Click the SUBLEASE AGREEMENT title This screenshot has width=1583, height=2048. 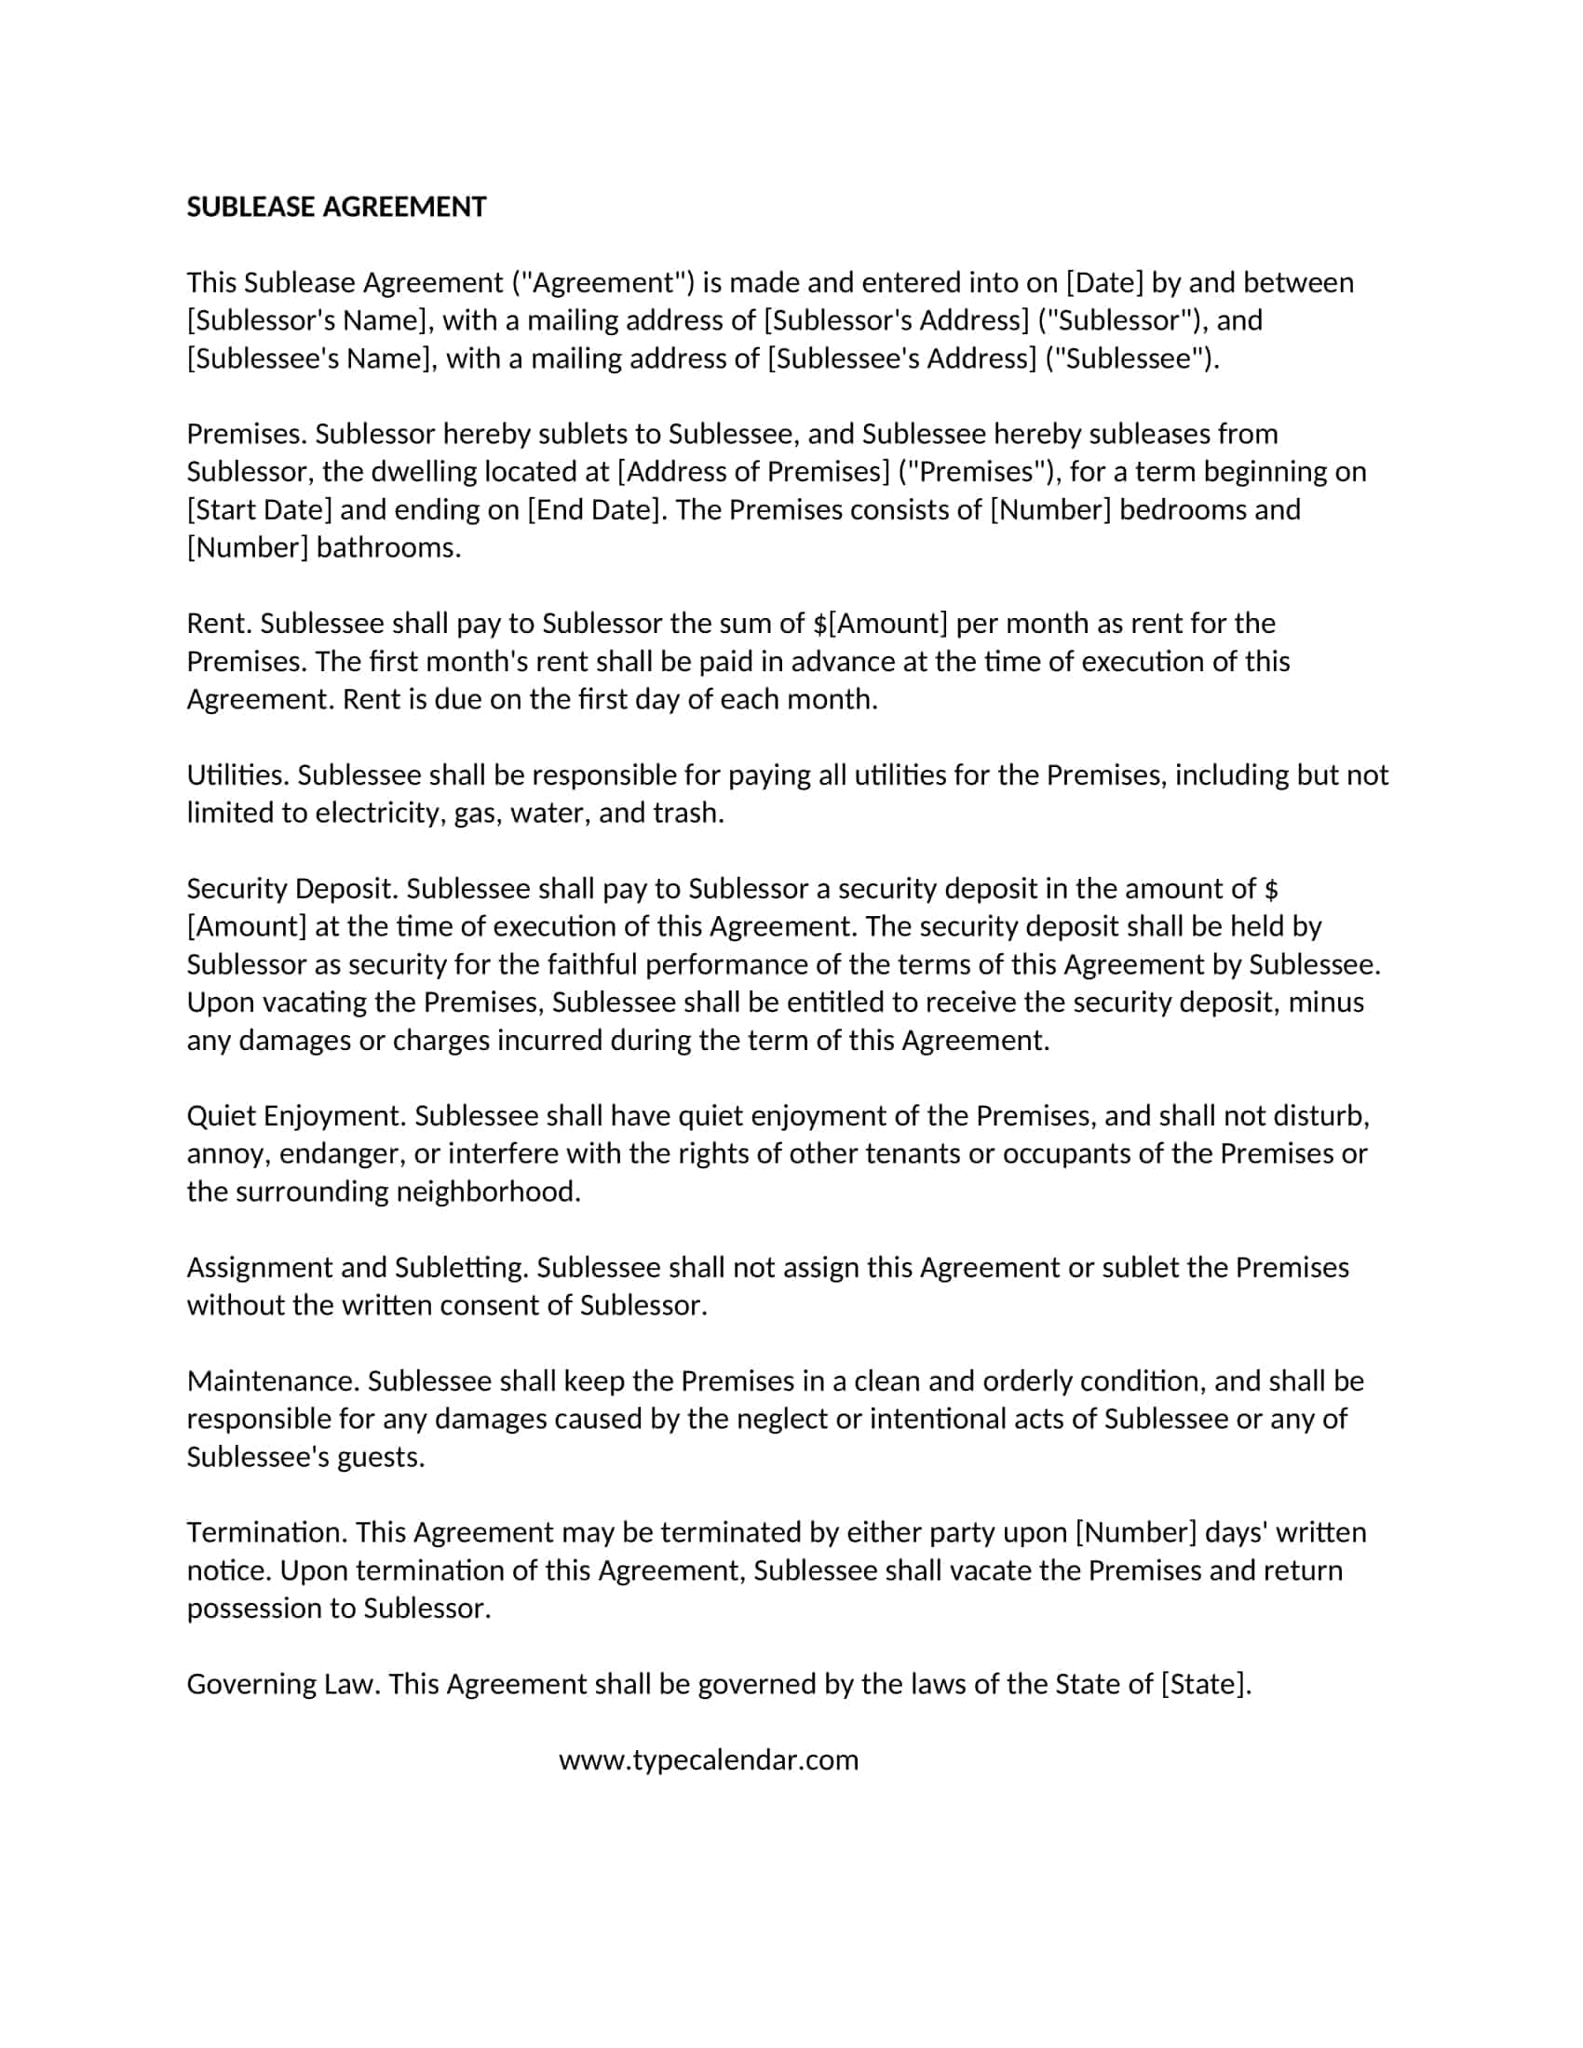(x=336, y=208)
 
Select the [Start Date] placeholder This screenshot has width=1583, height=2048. (x=259, y=510)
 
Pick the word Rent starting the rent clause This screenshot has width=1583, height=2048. (x=219, y=624)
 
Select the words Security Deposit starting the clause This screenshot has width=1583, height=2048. (x=291, y=889)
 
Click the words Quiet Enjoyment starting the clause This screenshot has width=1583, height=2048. (x=295, y=1116)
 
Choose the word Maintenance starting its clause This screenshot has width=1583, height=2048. (x=272, y=1381)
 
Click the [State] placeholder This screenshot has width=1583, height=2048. (x=1205, y=1684)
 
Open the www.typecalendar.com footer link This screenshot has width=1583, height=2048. (x=708, y=1760)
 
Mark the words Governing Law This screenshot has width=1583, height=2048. (x=282, y=1684)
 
